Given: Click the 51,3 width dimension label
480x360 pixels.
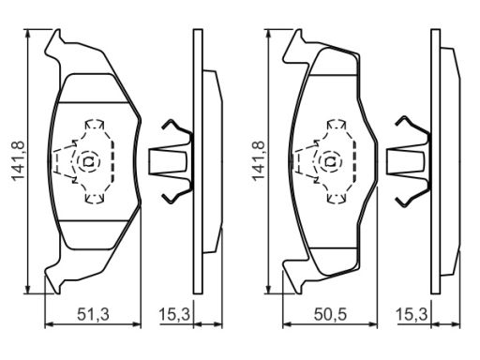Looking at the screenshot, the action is click(93, 314).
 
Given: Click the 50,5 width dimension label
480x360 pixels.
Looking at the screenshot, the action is click(330, 314).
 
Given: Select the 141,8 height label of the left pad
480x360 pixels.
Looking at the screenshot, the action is click(19, 161).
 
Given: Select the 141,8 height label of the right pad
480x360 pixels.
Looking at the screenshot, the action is click(258, 161).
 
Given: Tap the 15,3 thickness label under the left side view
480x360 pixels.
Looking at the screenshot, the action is click(174, 314).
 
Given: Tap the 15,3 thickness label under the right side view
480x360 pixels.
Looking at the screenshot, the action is click(412, 314).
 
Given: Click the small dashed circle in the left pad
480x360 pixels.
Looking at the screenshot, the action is click(88, 161).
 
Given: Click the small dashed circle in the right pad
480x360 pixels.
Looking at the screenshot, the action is click(331, 161).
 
